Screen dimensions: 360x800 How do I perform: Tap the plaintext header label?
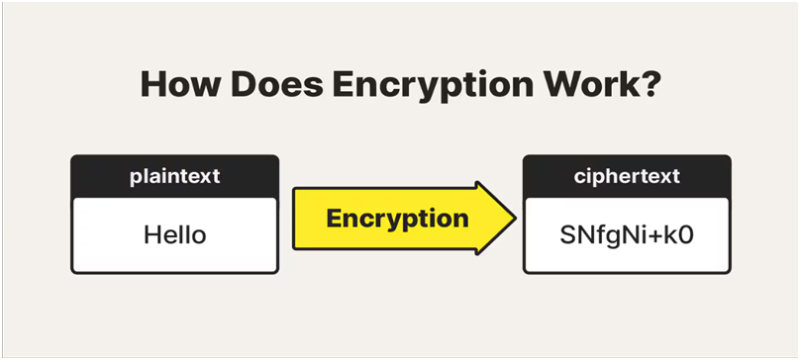click(175, 176)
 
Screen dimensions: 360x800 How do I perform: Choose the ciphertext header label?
click(625, 176)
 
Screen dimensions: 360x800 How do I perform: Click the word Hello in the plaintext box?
click(175, 235)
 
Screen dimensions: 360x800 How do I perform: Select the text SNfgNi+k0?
click(625, 235)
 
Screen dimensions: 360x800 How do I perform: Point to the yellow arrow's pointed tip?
click(513, 217)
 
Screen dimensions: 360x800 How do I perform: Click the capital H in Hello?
click(152, 235)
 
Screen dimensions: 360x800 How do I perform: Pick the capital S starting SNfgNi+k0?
click(567, 235)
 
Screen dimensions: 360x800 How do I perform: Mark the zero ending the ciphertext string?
click(688, 235)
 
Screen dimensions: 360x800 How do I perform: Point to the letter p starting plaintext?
click(135, 177)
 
